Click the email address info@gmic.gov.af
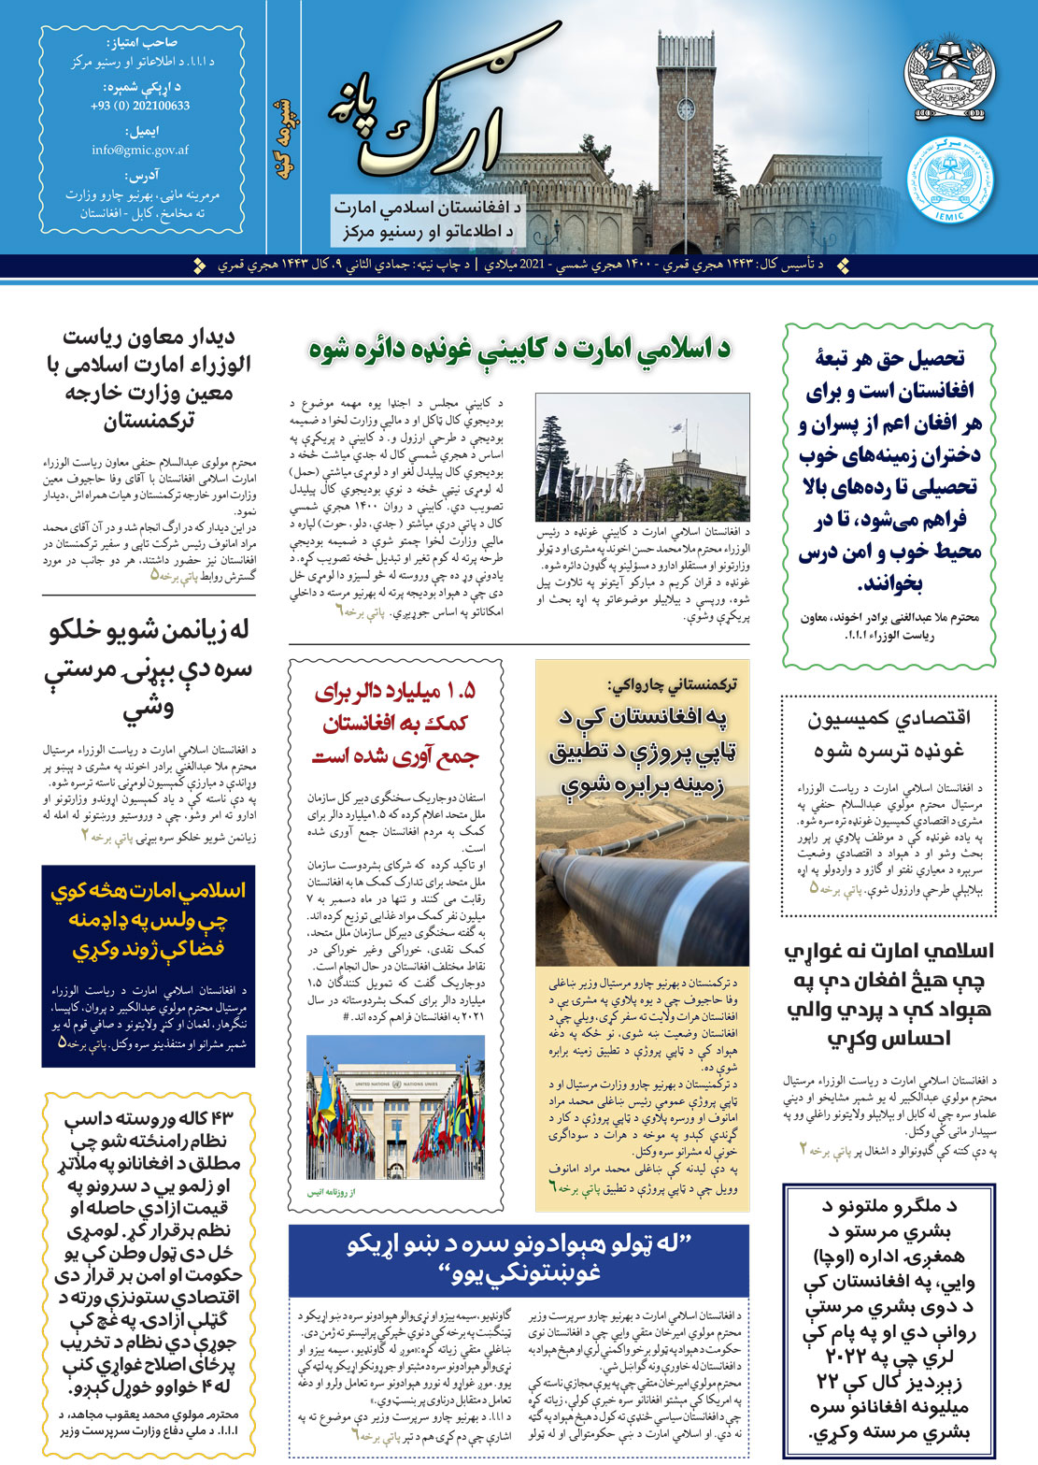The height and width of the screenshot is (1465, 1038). point(140,150)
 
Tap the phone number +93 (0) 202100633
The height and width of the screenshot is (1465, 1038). point(140,106)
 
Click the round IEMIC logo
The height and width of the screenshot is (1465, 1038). point(950,179)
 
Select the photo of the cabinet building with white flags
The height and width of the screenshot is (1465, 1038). point(642,456)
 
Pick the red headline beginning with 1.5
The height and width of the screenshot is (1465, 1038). point(395,722)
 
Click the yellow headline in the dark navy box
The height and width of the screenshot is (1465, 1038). point(148,919)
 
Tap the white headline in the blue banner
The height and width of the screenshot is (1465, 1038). point(519,1257)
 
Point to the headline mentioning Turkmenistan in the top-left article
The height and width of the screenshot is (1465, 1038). point(148,378)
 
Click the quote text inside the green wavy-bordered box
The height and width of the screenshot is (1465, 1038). point(889,470)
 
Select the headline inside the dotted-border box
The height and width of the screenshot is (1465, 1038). point(889,733)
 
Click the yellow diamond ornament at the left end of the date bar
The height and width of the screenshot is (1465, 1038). point(199,266)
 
